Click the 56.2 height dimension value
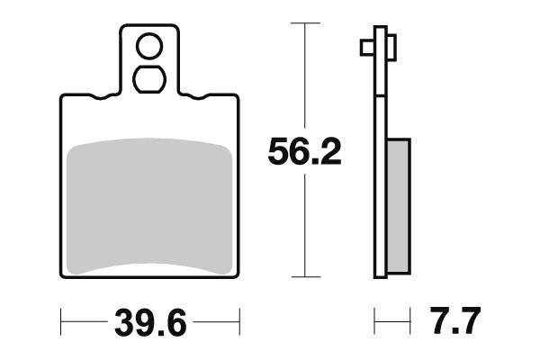point(304,151)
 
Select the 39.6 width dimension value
point(150,322)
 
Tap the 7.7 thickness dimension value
point(454,320)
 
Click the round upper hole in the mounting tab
point(149,46)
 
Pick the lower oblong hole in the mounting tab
point(149,79)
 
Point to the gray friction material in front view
point(149,206)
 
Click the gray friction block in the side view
point(399,206)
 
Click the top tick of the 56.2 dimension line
point(305,23)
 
